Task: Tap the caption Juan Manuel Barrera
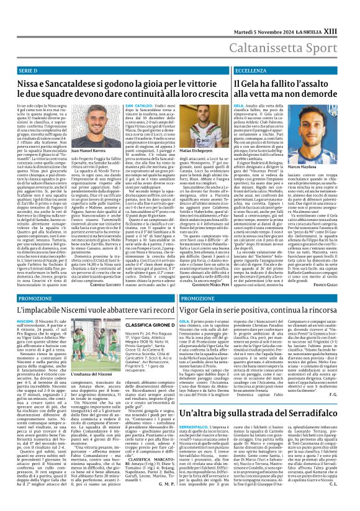pyautogui.click(x=89, y=151)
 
